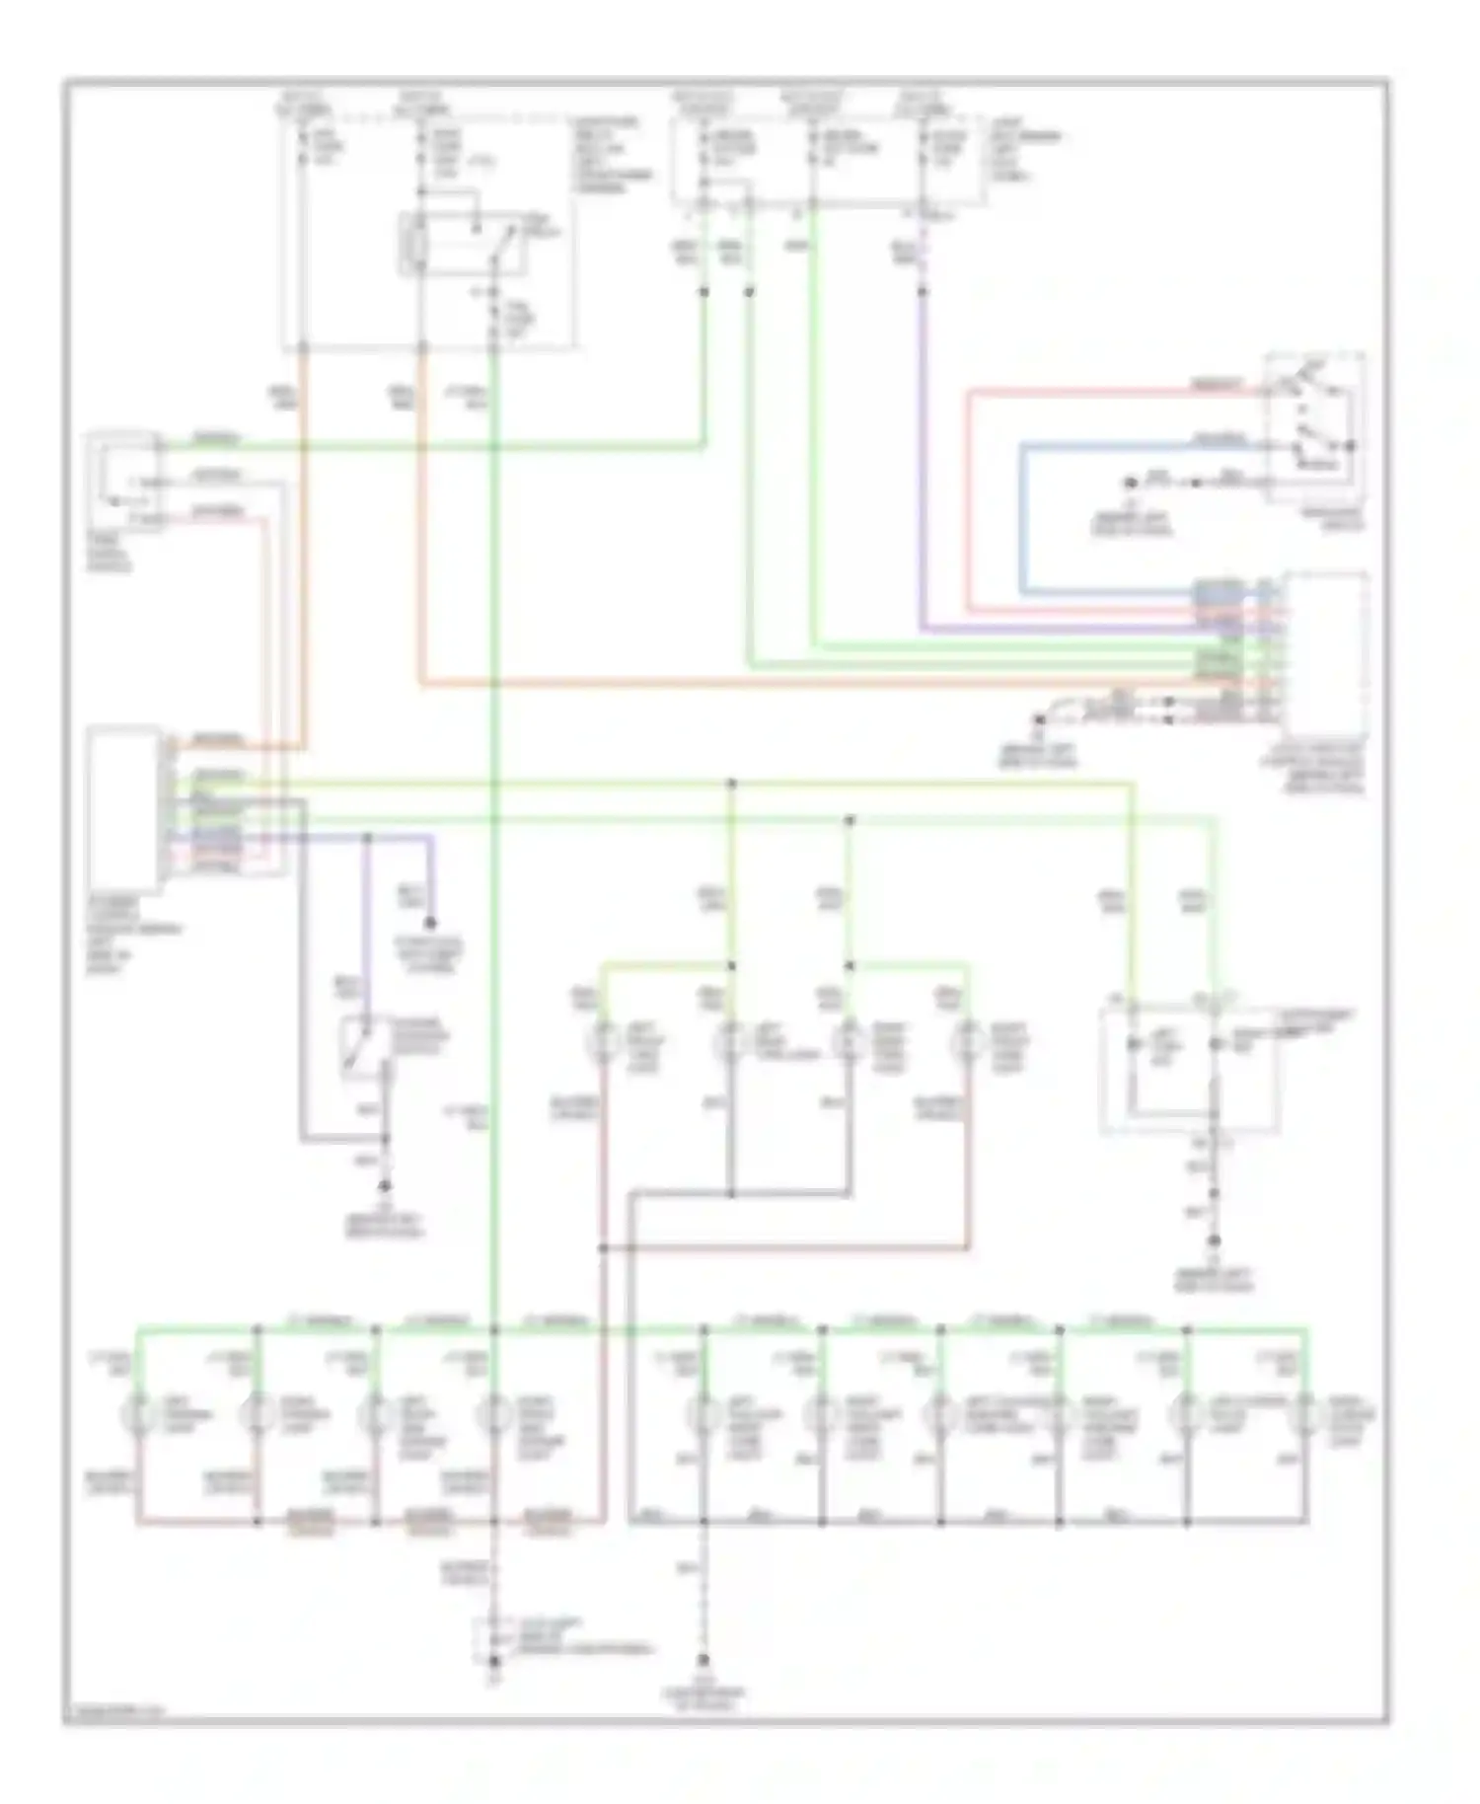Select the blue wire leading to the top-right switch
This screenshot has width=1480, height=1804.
tap(1022, 513)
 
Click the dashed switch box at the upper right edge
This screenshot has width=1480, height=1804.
tap(1315, 426)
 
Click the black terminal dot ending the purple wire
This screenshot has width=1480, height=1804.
tap(430, 924)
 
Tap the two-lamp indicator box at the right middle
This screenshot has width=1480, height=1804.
tap(1188, 1070)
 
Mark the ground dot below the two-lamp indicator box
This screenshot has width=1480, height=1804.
tap(1215, 1240)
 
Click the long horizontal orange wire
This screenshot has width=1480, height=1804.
tap(789, 683)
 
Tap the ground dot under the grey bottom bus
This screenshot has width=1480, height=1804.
tap(703, 1660)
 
